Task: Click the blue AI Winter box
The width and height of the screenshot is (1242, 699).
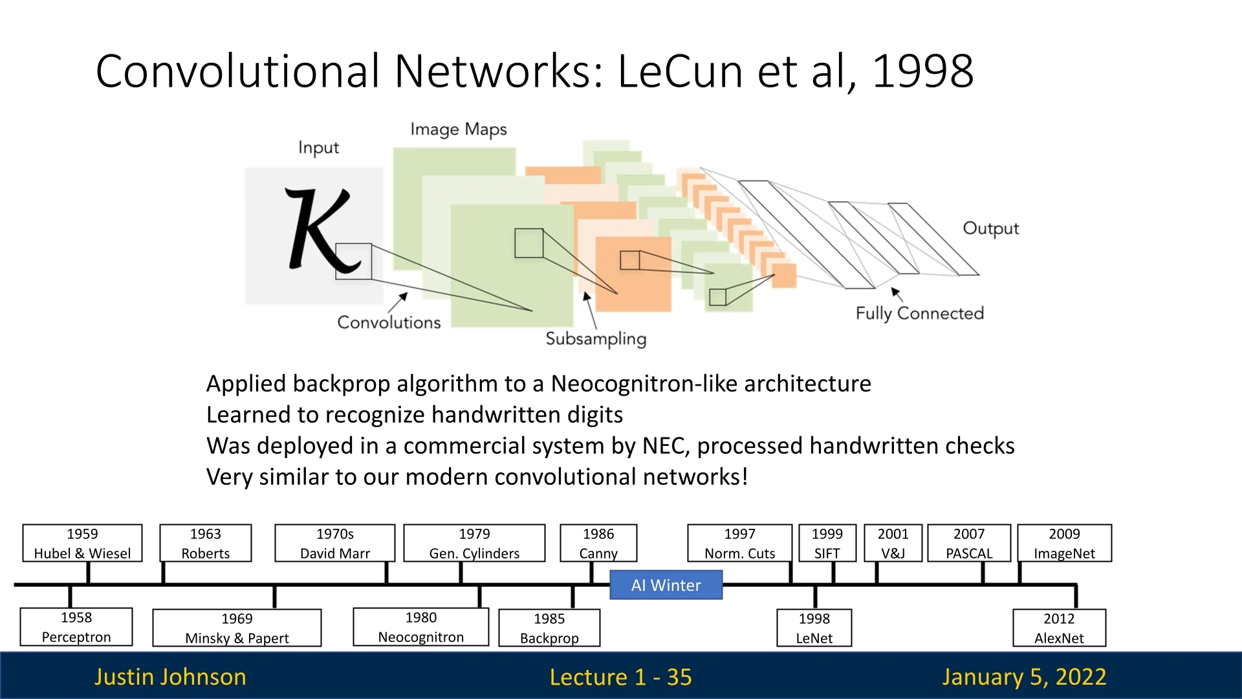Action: [x=666, y=585]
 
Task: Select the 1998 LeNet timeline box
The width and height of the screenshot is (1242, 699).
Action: [x=814, y=628]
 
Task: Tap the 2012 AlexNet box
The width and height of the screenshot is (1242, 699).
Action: [x=1059, y=628]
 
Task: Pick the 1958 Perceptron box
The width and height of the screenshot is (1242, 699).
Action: [x=76, y=627]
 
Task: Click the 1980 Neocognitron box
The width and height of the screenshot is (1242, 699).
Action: [x=420, y=627]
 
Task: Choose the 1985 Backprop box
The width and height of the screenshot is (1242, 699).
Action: [x=549, y=628]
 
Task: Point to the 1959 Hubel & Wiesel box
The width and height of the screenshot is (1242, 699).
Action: [x=82, y=543]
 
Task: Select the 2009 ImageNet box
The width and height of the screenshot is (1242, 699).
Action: [x=1064, y=543]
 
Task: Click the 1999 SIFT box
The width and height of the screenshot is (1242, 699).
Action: [x=827, y=543]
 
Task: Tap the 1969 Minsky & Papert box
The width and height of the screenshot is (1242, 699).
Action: [x=237, y=628]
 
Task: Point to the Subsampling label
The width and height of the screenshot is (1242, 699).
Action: [x=596, y=338]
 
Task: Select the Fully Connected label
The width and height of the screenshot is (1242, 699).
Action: [x=919, y=313]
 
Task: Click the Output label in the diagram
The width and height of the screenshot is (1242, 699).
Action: [x=990, y=228]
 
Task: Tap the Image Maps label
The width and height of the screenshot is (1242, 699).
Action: [x=458, y=129]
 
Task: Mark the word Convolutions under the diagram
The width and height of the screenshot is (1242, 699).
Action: [x=389, y=322]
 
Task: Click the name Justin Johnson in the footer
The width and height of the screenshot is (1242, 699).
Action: [x=170, y=676]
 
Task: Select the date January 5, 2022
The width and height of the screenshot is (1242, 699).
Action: [x=1024, y=676]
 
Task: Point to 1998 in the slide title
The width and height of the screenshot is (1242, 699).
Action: [x=922, y=71]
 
